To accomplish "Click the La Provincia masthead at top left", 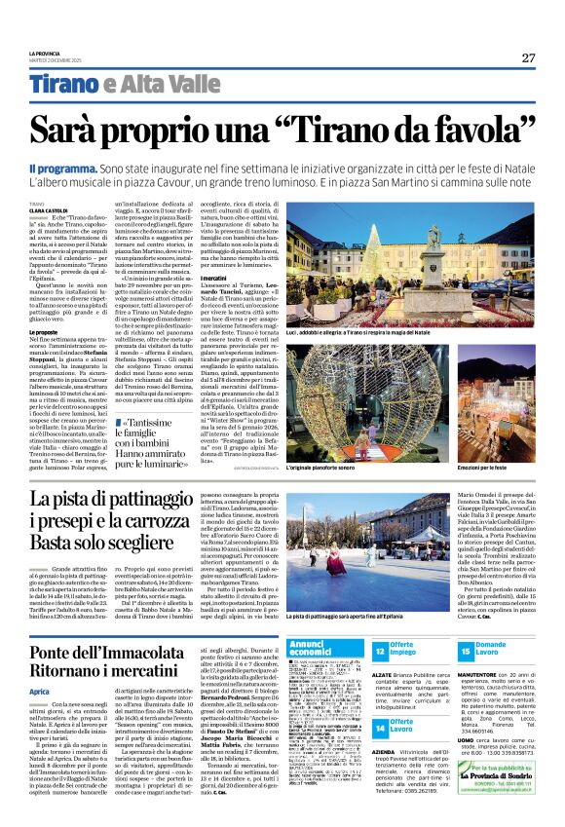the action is tap(45, 53).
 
